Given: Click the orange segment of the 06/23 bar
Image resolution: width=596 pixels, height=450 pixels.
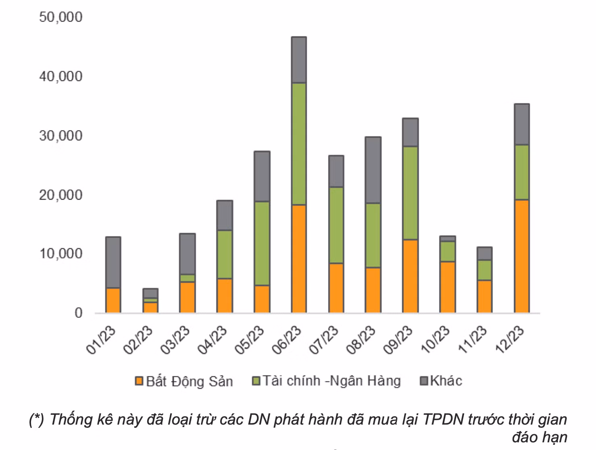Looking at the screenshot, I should point(299,258).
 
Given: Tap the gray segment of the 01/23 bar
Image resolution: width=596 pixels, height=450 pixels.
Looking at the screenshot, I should point(113,262).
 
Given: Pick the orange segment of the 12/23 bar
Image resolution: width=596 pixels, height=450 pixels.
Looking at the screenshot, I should point(521,256).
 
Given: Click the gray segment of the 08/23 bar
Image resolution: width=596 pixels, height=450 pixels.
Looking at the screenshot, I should point(373,170).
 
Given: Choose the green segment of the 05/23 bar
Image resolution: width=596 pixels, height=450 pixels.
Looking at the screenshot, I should point(262,243).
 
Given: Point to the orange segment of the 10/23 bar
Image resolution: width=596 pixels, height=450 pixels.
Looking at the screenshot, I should point(447,287).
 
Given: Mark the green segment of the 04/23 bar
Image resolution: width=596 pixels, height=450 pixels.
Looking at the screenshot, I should point(225,254).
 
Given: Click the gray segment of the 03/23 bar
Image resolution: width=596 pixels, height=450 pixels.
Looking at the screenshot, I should point(188,254).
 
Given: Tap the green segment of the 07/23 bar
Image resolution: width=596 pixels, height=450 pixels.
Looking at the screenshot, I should point(336,225).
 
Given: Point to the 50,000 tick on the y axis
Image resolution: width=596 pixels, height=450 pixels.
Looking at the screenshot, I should point(60,17).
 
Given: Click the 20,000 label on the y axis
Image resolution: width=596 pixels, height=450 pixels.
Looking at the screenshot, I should point(60,195).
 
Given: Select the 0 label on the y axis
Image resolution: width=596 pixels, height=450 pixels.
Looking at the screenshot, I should point(78,313).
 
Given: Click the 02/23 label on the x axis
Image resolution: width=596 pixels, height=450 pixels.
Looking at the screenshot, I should point(138,340).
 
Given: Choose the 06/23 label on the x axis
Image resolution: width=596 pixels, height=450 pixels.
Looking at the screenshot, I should point(287,340).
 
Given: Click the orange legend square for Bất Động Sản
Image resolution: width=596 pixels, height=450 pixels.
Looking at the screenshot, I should point(139,381).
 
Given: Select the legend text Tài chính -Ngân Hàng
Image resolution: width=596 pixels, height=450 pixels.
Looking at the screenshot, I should point(331,381).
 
